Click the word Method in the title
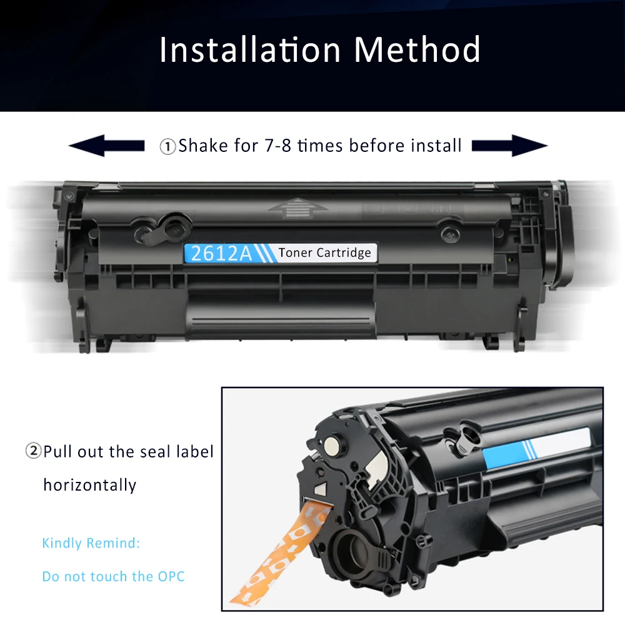(x=417, y=49)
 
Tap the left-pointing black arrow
(x=106, y=146)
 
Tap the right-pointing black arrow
(x=509, y=146)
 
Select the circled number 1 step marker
(x=167, y=147)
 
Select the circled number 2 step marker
(x=33, y=451)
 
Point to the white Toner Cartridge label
(x=324, y=252)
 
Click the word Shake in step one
(x=204, y=146)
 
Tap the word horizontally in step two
(x=89, y=484)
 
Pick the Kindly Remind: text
(x=91, y=543)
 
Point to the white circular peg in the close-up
(x=333, y=445)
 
